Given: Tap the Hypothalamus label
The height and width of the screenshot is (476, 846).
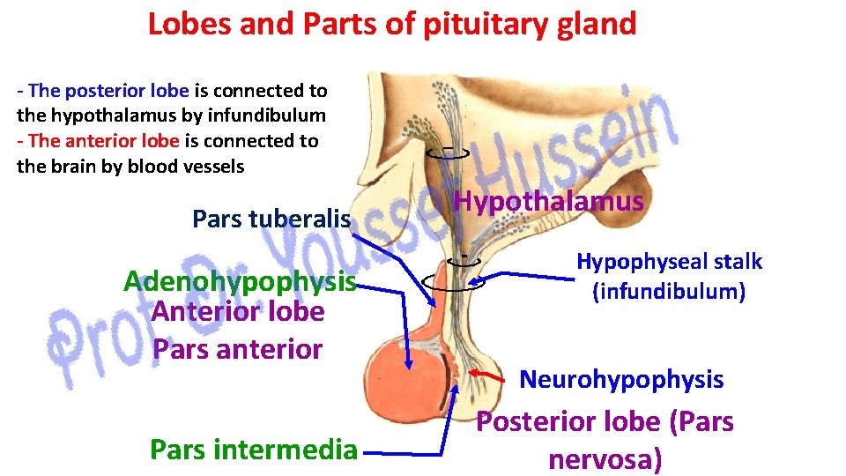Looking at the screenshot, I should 548,202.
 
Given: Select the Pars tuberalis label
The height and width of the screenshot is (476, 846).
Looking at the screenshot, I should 271,219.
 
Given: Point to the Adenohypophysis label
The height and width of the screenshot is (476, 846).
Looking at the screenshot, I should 240,282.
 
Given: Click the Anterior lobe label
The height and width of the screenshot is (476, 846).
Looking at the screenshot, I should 237,311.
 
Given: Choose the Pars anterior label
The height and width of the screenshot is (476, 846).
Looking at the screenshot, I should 237,349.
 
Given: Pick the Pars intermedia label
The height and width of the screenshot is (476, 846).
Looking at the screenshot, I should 254,450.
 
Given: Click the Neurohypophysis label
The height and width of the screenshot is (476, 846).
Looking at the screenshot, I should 621,380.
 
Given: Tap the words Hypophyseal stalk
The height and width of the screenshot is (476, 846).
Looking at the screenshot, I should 669,261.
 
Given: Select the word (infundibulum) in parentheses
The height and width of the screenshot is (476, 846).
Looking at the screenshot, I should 669,290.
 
